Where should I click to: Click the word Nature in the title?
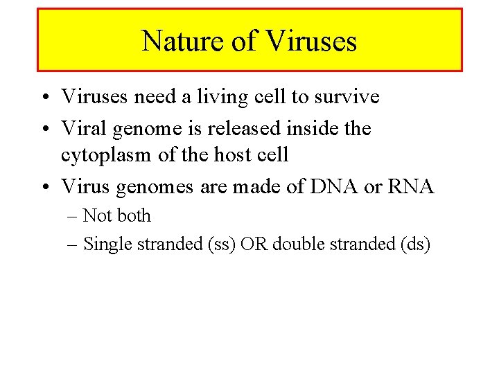[x=183, y=41]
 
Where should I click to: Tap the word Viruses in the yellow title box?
[x=310, y=41]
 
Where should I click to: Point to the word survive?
[x=347, y=97]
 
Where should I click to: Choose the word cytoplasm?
[x=107, y=155]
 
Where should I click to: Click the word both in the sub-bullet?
[x=133, y=216]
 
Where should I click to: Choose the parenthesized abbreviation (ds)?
[x=417, y=244]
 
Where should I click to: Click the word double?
[x=292, y=244]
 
